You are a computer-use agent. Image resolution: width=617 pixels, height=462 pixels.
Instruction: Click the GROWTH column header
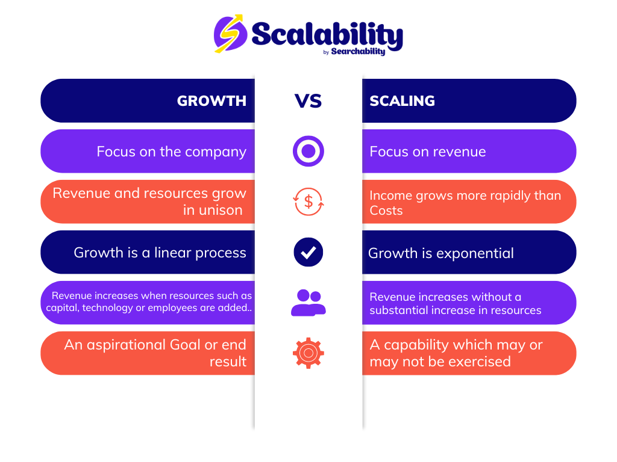pos(211,101)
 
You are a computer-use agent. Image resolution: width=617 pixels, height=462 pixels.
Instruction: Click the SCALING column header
pos(402,101)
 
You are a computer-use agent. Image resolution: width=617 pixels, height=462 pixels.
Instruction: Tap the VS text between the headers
pos(308,101)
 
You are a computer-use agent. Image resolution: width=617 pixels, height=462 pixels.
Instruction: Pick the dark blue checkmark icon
pos(308,252)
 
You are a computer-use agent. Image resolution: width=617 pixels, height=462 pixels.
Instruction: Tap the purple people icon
pos(308,303)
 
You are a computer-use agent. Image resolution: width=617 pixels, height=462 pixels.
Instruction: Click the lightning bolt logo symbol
pos(230,34)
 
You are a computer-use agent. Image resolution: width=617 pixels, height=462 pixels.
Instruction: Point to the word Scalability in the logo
pos(327,34)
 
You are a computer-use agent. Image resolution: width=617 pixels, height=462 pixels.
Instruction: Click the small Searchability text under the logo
pos(358,52)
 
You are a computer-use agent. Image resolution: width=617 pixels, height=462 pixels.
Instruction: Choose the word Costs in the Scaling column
pos(386,211)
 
